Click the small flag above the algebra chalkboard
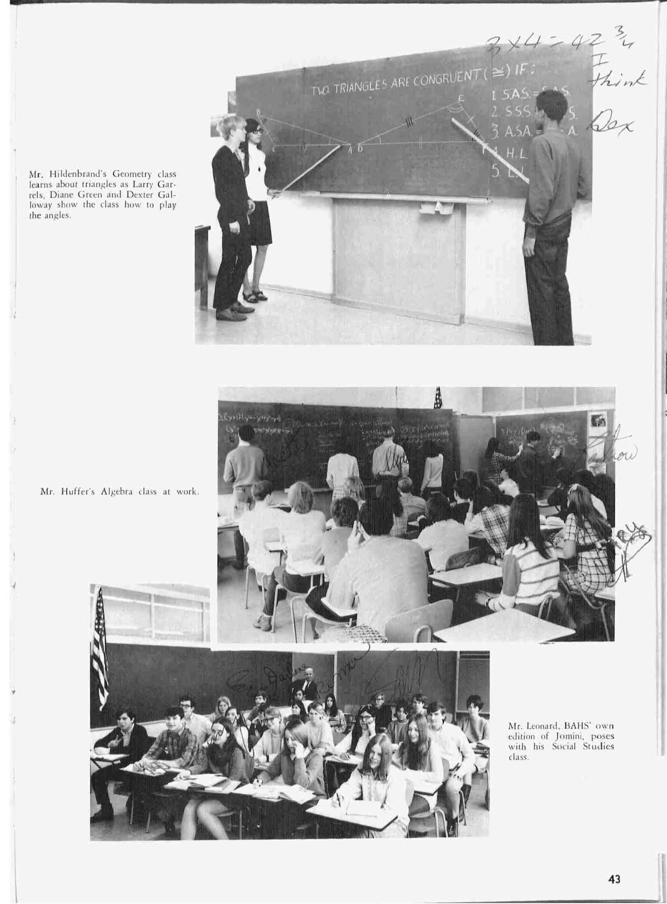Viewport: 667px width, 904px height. [438, 397]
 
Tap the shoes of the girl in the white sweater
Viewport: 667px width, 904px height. [255, 296]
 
